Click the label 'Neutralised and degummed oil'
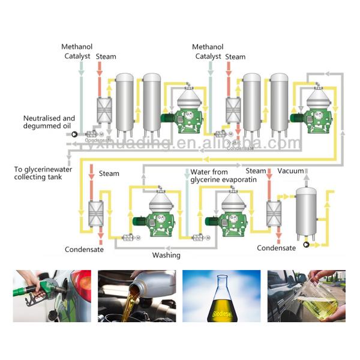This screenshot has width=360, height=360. point(49,122)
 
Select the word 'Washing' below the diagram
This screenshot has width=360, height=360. point(166,255)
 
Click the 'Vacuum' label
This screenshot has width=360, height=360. point(291,171)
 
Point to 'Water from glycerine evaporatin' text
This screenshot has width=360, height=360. point(223,175)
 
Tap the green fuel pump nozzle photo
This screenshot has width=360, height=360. point(52,295)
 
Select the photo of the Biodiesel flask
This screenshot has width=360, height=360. point(221,295)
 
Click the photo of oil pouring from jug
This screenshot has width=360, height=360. point(137,295)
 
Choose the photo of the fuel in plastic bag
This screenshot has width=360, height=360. point(306,295)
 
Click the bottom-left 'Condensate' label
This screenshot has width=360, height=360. point(84,250)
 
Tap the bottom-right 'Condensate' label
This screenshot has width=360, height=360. point(276,248)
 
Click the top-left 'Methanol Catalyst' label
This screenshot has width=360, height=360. point(77,52)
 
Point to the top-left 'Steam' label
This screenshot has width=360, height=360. point(106,57)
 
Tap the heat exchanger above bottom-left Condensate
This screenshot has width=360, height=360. point(95,214)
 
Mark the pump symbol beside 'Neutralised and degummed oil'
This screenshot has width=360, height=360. point(74,134)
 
